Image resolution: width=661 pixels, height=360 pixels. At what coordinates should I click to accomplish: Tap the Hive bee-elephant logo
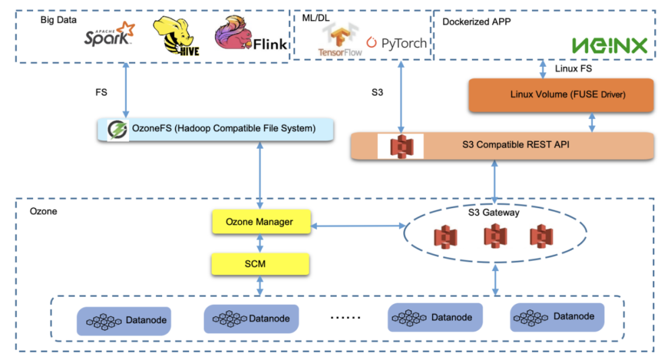click(x=173, y=37)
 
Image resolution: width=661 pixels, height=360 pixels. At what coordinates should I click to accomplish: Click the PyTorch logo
click(x=397, y=43)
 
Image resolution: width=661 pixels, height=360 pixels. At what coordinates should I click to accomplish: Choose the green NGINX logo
click(x=609, y=45)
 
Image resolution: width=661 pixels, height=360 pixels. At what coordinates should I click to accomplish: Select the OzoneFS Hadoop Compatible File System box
click(x=216, y=129)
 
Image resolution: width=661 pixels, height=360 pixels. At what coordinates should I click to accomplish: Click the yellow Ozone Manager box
click(x=260, y=222)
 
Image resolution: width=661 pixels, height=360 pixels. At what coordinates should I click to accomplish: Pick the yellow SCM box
click(x=260, y=264)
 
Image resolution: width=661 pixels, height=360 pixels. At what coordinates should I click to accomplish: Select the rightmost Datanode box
click(x=557, y=317)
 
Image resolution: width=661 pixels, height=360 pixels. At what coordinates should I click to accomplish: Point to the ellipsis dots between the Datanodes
click(x=345, y=318)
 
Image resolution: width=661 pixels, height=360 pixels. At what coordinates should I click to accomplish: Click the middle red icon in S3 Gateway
click(x=495, y=236)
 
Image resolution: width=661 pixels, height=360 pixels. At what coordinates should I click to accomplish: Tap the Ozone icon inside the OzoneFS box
click(x=117, y=130)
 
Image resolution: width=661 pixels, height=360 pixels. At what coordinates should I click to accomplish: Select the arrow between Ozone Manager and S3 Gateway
click(x=356, y=227)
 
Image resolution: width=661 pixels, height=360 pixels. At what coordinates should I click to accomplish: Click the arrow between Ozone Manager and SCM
click(x=260, y=243)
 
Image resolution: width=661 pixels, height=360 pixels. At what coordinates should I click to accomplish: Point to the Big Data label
click(x=59, y=20)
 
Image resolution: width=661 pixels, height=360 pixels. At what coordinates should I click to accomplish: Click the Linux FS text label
click(x=573, y=69)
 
